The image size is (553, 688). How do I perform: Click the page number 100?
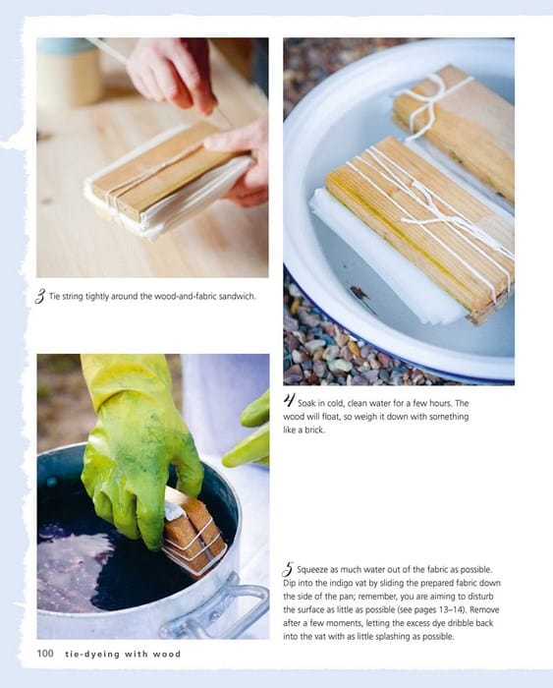click(45, 654)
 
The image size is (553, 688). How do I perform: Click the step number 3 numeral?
click(40, 297)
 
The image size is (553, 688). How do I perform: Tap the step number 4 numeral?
click(289, 400)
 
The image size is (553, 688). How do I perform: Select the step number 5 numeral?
click(288, 569)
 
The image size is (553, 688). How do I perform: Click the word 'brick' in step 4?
click(315, 430)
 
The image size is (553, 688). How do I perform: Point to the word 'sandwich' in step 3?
click(237, 296)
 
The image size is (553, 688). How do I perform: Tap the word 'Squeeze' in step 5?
click(312, 569)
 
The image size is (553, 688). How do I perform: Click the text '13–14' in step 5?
click(451, 609)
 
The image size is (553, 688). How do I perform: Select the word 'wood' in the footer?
click(167, 655)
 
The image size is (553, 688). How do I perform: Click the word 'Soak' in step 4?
click(305, 403)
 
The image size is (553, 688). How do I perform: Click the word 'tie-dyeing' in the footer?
click(92, 655)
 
